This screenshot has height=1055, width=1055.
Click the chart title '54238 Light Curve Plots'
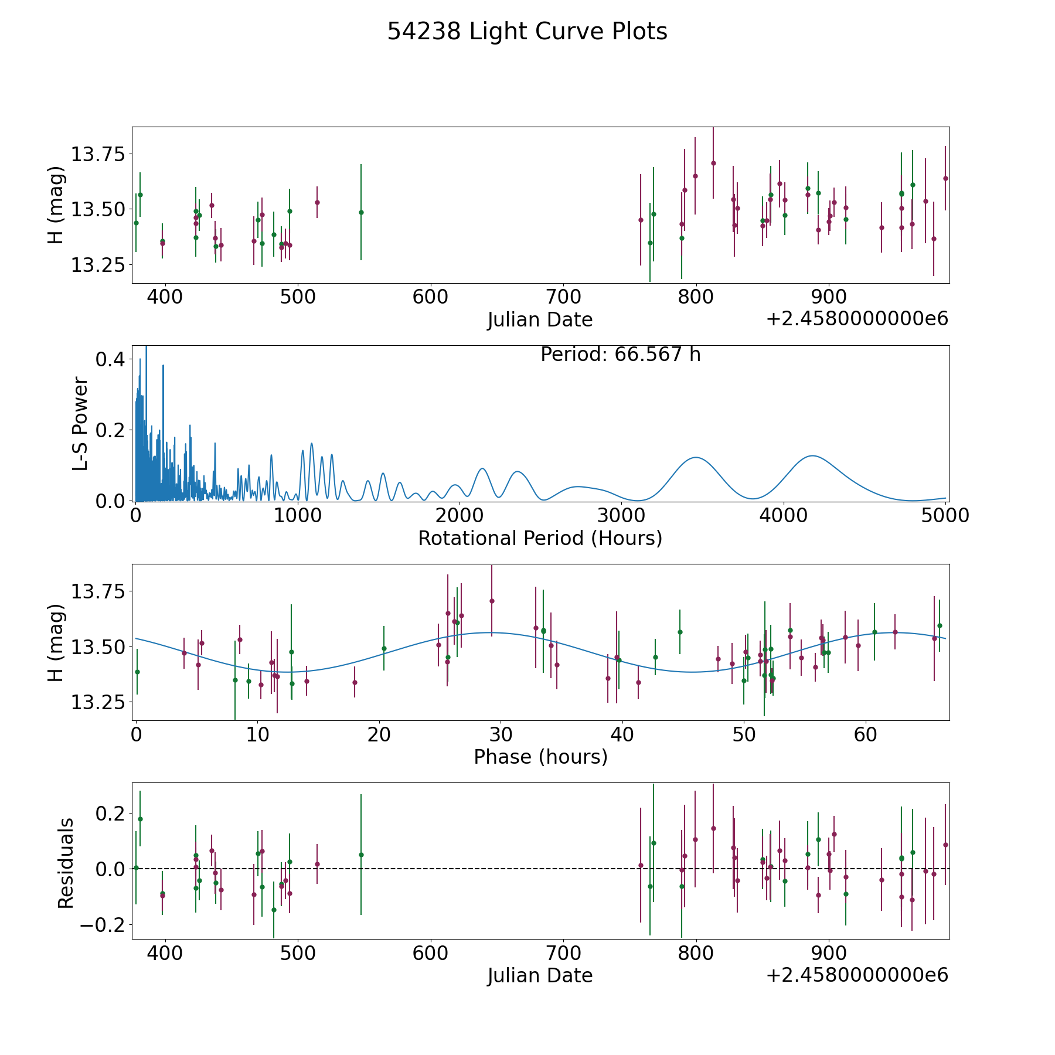(527, 32)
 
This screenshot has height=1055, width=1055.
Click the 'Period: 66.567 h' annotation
(620, 355)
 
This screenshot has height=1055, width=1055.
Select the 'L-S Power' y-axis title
(80, 424)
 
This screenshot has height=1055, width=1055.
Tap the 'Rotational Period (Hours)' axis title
(540, 538)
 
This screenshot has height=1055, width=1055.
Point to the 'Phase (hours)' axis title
(540, 757)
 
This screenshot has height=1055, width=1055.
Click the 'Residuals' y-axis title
(66, 863)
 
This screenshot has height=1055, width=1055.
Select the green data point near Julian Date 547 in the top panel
(361, 212)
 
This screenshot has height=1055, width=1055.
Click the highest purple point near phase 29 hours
(492, 601)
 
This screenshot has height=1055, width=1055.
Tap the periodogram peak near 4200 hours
(812, 455)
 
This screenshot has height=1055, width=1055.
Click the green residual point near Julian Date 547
(361, 855)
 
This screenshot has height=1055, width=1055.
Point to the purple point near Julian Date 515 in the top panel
(317, 202)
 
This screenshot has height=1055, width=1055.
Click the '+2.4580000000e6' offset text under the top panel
(857, 319)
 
